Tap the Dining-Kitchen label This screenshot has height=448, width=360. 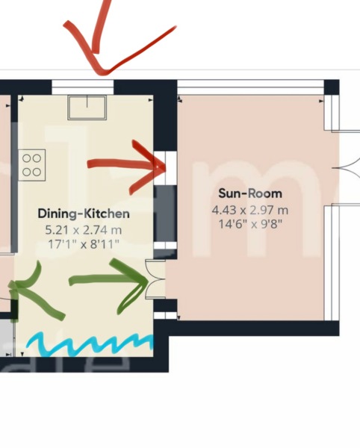(x=78, y=214)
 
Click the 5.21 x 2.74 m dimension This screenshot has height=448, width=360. (x=79, y=229)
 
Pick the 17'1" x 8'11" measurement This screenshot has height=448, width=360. (x=79, y=242)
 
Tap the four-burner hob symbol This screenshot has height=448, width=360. (x=31, y=164)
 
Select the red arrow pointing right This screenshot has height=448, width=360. (x=127, y=164)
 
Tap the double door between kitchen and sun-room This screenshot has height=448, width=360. (x=155, y=279)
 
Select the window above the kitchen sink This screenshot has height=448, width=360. (x=83, y=87)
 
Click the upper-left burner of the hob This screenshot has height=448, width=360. (x=26, y=158)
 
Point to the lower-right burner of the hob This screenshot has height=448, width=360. (x=37, y=170)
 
